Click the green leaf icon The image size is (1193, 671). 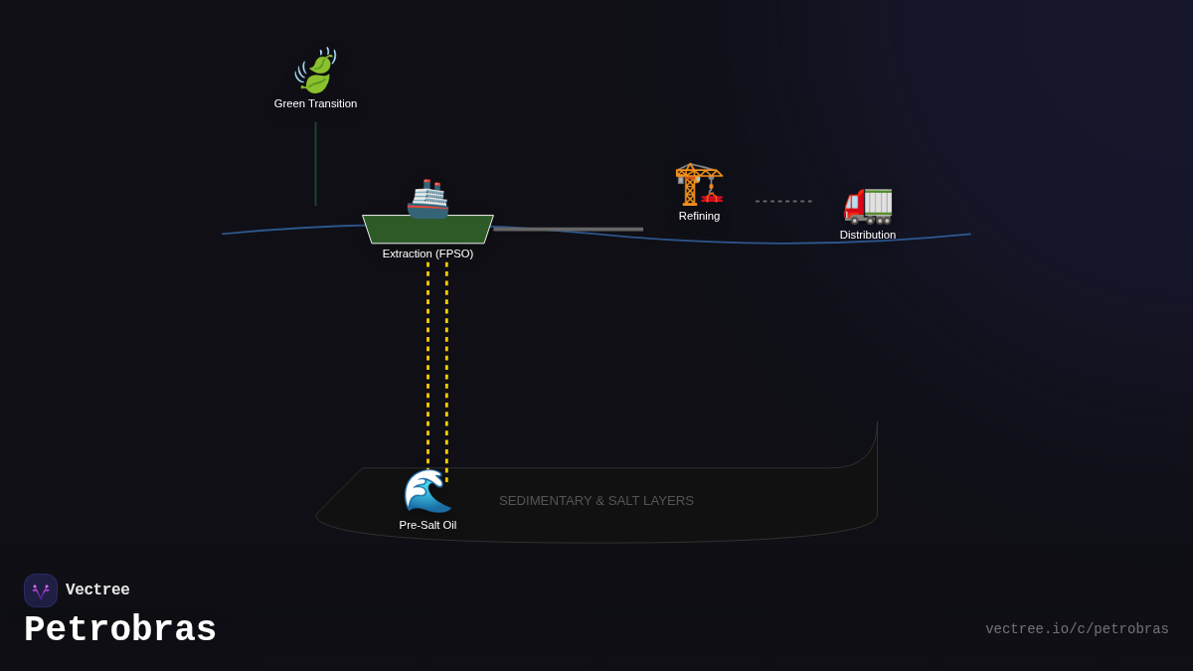tap(316, 72)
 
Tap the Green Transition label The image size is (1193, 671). tap(315, 103)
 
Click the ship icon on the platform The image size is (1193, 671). tap(428, 198)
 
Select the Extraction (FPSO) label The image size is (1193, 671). tap(427, 253)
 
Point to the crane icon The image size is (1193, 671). tap(699, 183)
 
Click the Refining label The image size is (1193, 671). tap(699, 216)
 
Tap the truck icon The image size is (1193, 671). tap(868, 204)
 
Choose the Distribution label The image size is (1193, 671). tap(867, 235)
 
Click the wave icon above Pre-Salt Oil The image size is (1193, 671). tap(427, 491)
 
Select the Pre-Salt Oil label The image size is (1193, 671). tap(427, 525)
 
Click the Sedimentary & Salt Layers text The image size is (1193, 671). tap(596, 501)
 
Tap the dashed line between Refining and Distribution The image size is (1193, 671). tap(783, 201)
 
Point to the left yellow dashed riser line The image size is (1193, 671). tap(428, 358)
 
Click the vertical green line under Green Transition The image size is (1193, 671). tap(315, 164)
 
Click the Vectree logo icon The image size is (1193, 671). tap(41, 590)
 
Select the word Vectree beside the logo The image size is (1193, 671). tap(97, 590)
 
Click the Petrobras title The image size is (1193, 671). tap(120, 630)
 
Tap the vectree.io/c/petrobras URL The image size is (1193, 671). tap(1077, 629)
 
